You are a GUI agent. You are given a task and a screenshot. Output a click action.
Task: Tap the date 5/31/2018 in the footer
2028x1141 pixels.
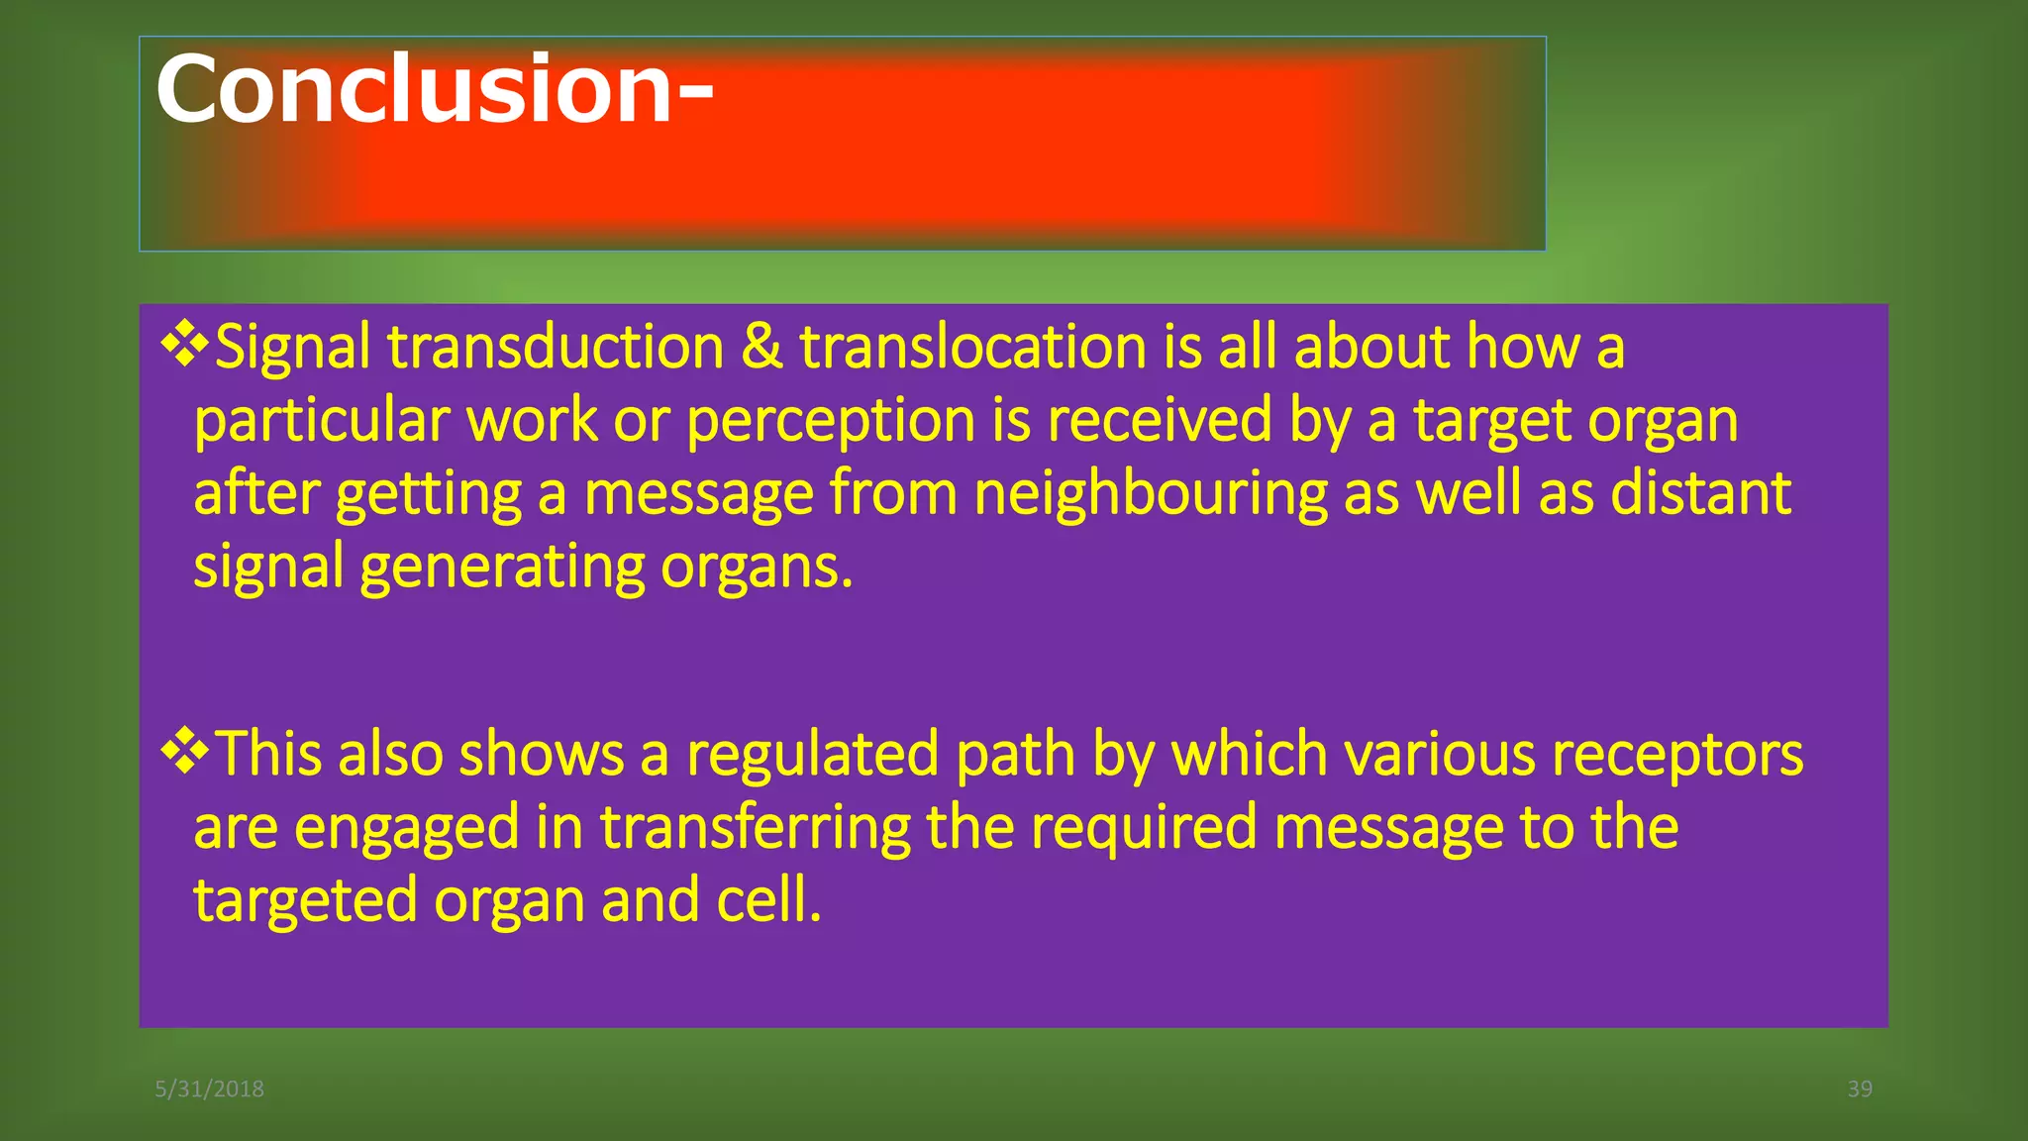[209, 1089]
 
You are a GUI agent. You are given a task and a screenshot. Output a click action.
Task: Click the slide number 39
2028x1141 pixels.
[1860, 1089]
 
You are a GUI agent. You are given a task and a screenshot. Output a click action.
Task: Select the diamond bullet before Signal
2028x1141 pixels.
[185, 345]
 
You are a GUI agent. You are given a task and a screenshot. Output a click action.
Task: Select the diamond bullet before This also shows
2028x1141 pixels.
[185, 752]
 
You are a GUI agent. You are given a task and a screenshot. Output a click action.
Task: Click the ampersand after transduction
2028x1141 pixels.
[761, 347]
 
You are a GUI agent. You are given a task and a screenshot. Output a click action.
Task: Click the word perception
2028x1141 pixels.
[830, 421]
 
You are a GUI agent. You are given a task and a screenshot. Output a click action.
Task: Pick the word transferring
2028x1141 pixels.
[755, 827]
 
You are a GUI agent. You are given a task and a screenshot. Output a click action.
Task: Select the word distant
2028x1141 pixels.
[1700, 493]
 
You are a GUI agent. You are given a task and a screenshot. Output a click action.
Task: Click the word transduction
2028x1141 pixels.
[556, 347]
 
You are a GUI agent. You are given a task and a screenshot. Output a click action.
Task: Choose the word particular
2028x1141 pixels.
[322, 421]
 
